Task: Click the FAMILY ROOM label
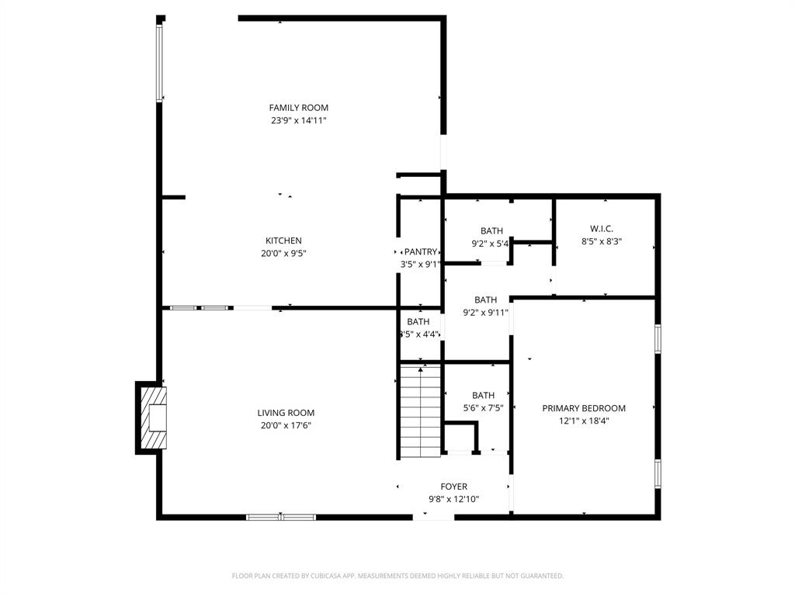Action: pyautogui.click(x=298, y=108)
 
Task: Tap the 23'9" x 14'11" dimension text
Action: pyautogui.click(x=298, y=120)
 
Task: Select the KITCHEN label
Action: pyautogui.click(x=283, y=241)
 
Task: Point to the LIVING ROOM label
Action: pyautogui.click(x=286, y=413)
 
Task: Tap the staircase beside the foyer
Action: pyautogui.click(x=420, y=411)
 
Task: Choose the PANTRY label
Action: pyautogui.click(x=420, y=251)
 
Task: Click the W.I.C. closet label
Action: pyautogui.click(x=602, y=229)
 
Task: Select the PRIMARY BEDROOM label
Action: pyautogui.click(x=584, y=408)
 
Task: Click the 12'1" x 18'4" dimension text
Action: pyautogui.click(x=584, y=421)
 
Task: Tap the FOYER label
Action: pyautogui.click(x=454, y=487)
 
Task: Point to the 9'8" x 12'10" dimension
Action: pyautogui.click(x=454, y=499)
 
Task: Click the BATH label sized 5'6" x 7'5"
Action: pyautogui.click(x=483, y=395)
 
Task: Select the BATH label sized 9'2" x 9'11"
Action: pyautogui.click(x=485, y=300)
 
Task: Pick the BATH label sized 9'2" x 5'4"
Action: pyautogui.click(x=491, y=230)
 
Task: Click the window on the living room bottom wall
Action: pyautogui.click(x=281, y=516)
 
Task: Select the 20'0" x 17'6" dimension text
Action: pyautogui.click(x=286, y=425)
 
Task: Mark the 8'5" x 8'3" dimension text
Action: pyautogui.click(x=602, y=241)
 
